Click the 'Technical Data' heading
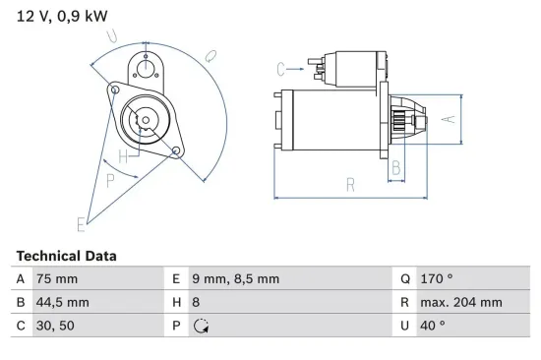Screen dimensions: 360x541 (66, 256)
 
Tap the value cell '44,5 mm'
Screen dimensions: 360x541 (61, 303)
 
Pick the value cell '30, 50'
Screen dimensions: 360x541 (56, 327)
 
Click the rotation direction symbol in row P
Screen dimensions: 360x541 (203, 327)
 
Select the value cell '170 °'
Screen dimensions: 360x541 (438, 279)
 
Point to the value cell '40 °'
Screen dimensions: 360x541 (434, 327)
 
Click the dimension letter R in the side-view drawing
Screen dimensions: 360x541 (349, 183)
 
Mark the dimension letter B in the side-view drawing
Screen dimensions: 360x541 (396, 168)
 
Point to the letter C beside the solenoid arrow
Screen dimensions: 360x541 (280, 69)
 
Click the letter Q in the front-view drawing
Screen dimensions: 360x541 (210, 56)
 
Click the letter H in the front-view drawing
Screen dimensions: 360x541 (123, 156)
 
